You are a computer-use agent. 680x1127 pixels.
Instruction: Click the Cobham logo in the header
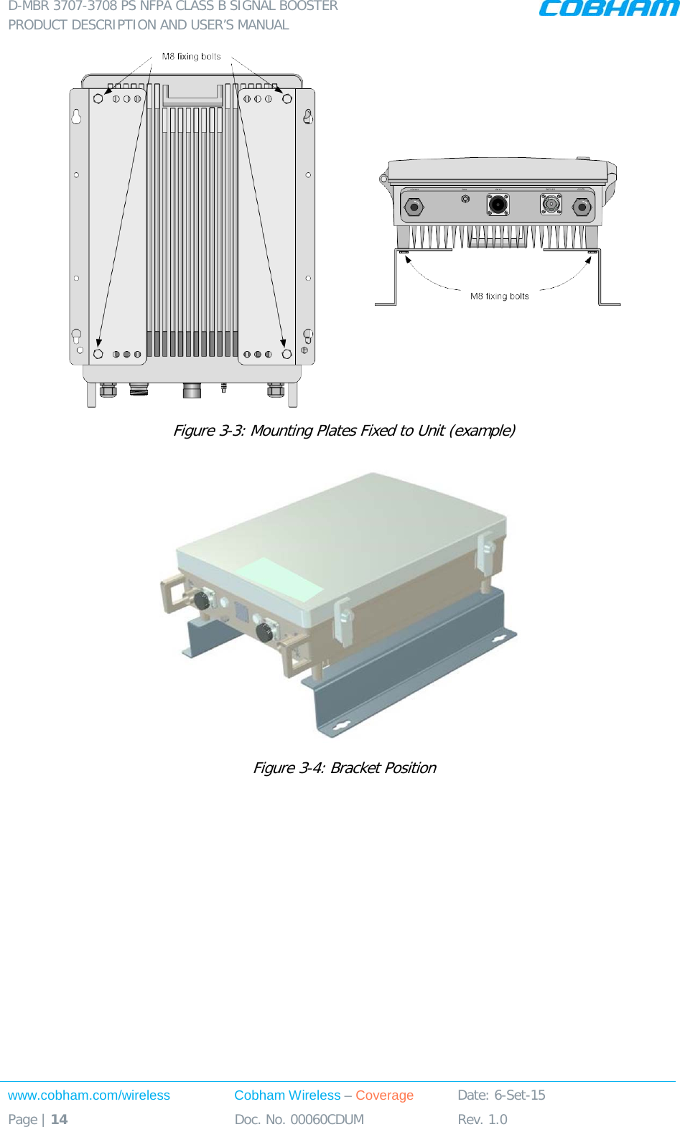(x=608, y=8)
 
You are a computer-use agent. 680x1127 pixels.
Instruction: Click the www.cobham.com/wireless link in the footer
(x=89, y=1095)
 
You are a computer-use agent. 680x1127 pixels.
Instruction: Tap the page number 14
(x=59, y=1119)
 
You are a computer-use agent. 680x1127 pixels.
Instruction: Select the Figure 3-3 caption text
(x=344, y=430)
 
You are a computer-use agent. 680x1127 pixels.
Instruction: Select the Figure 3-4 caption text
(x=344, y=767)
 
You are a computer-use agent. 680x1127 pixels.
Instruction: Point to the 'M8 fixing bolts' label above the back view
(x=191, y=56)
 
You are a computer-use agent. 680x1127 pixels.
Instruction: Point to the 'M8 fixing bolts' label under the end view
(x=499, y=296)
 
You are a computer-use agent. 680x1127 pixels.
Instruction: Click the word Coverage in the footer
(x=384, y=1095)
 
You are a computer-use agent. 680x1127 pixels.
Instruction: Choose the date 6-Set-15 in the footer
(x=519, y=1095)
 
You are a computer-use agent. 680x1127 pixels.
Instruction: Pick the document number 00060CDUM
(x=327, y=1119)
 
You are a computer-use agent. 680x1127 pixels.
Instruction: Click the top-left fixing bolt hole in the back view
(x=98, y=98)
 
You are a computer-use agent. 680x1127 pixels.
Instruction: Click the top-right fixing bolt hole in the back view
(x=287, y=98)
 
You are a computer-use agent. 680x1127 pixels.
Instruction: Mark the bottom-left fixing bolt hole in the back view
(x=98, y=354)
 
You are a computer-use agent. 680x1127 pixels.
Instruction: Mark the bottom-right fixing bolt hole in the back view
(x=287, y=354)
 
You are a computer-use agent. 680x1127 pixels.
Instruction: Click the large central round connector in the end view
(x=498, y=205)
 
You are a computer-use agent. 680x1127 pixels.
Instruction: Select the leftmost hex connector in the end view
(x=414, y=207)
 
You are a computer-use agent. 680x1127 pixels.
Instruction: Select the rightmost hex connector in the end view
(x=582, y=207)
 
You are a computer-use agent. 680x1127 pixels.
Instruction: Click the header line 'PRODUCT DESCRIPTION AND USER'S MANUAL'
(x=149, y=24)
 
